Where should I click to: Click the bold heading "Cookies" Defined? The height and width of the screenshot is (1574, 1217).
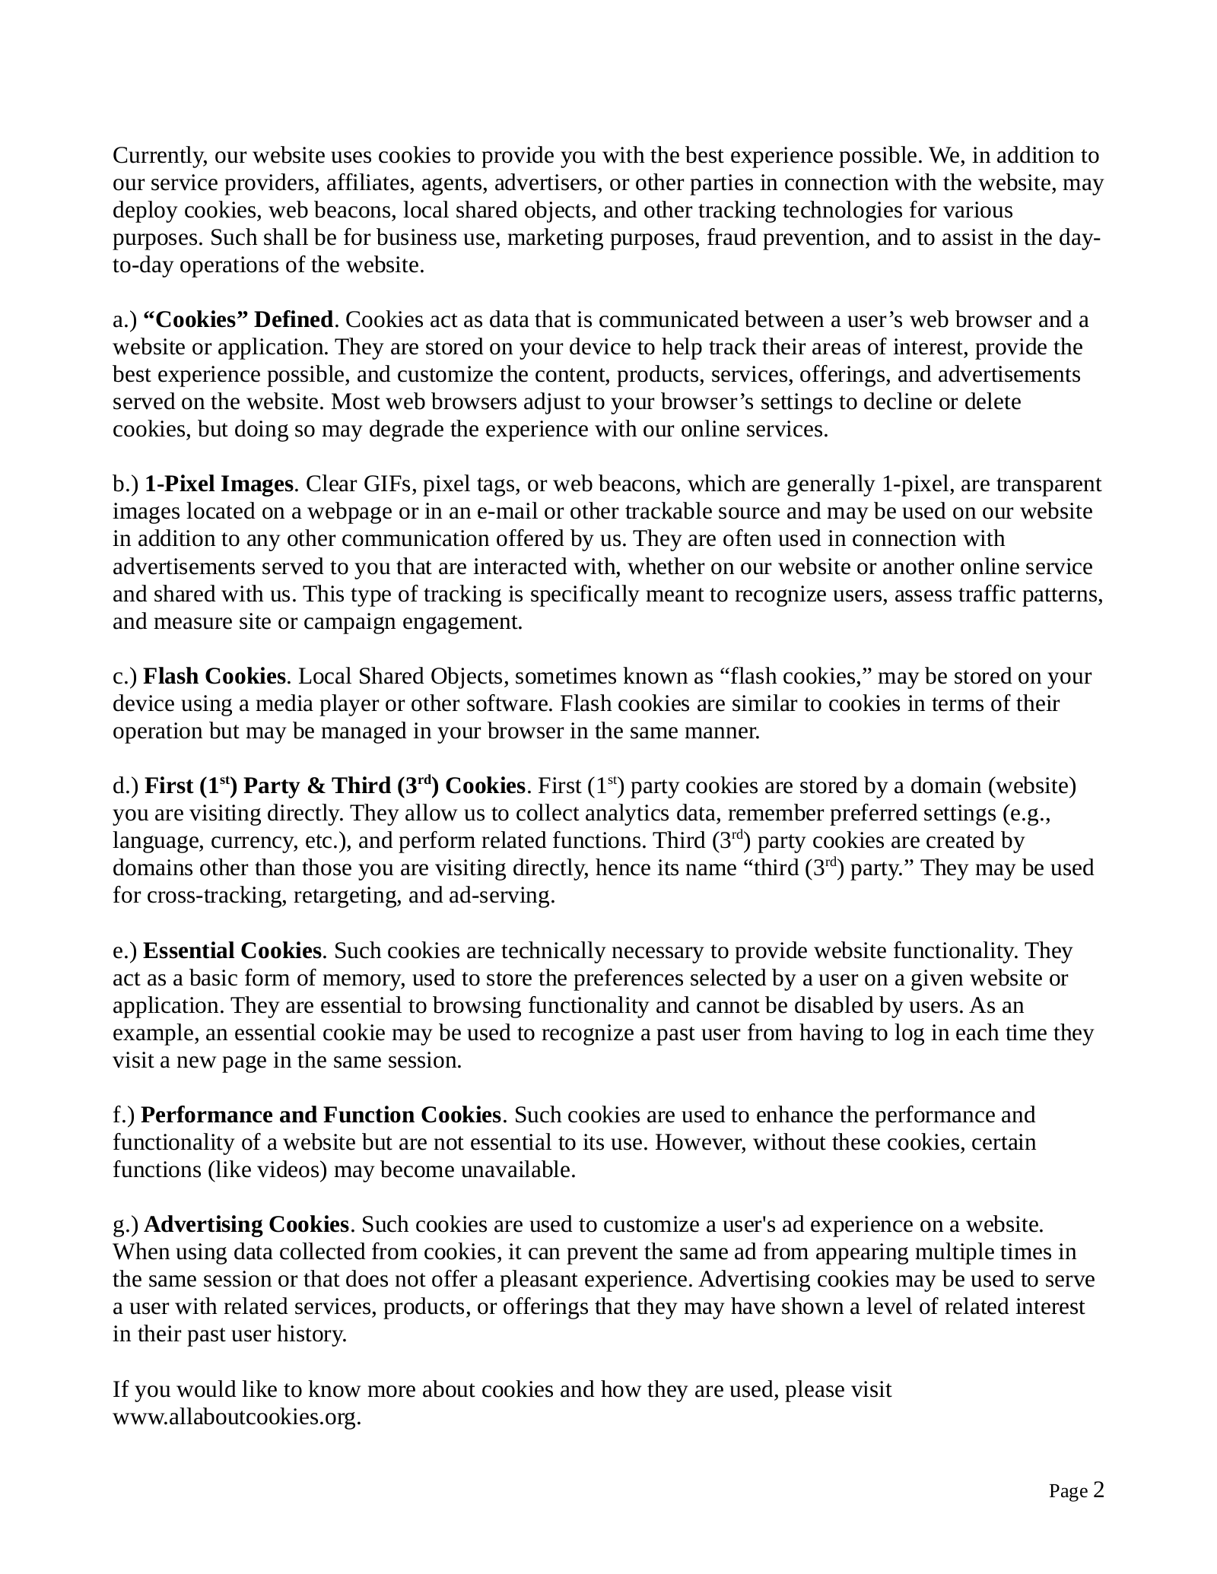tap(237, 319)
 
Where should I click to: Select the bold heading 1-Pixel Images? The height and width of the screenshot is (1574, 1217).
tap(218, 484)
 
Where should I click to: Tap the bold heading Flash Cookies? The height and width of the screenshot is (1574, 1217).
tap(214, 676)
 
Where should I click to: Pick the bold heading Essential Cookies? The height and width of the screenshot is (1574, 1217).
tap(232, 950)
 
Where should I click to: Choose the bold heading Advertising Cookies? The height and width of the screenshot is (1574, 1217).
tap(246, 1224)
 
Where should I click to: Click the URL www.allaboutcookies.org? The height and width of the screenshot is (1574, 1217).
tap(236, 1417)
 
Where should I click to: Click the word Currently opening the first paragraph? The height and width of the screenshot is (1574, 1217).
tap(157, 156)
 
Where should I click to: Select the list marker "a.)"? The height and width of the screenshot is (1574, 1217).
tap(125, 319)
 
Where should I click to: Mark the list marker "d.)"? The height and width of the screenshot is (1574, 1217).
tap(126, 785)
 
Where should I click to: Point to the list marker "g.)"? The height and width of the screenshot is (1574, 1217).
tap(126, 1224)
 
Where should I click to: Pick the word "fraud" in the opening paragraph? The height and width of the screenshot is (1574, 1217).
tap(729, 238)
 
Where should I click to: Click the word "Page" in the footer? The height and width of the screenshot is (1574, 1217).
tap(1068, 1491)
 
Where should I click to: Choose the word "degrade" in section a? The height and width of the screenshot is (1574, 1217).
tap(406, 430)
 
